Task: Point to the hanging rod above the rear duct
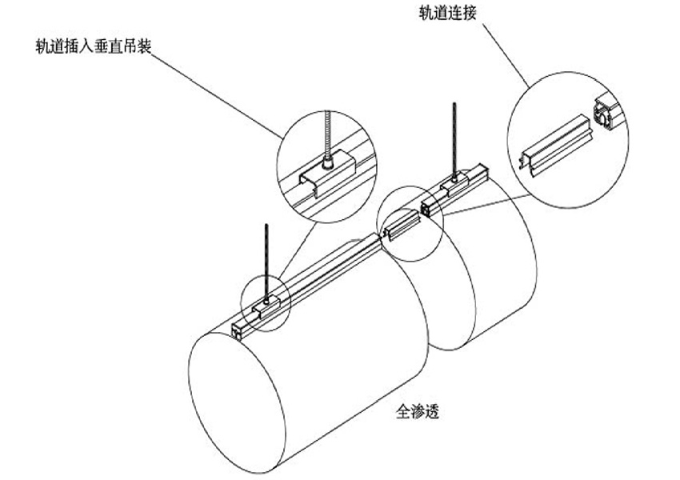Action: point(454,136)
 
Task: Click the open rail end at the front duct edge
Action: point(238,330)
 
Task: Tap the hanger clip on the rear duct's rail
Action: point(452,186)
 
